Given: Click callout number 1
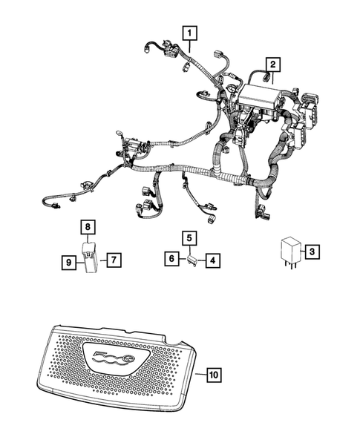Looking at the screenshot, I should click(x=191, y=33).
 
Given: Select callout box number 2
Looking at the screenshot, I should click(x=273, y=65).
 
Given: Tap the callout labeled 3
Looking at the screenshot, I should click(x=313, y=252).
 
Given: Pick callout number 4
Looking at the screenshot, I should click(x=212, y=260).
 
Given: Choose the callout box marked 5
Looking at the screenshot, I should click(x=190, y=238).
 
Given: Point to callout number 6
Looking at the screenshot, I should click(x=171, y=259).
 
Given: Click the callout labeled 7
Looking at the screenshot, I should click(x=113, y=260).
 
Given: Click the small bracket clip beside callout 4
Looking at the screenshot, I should click(x=192, y=260).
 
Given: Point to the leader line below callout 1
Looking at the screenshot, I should click(x=191, y=47).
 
